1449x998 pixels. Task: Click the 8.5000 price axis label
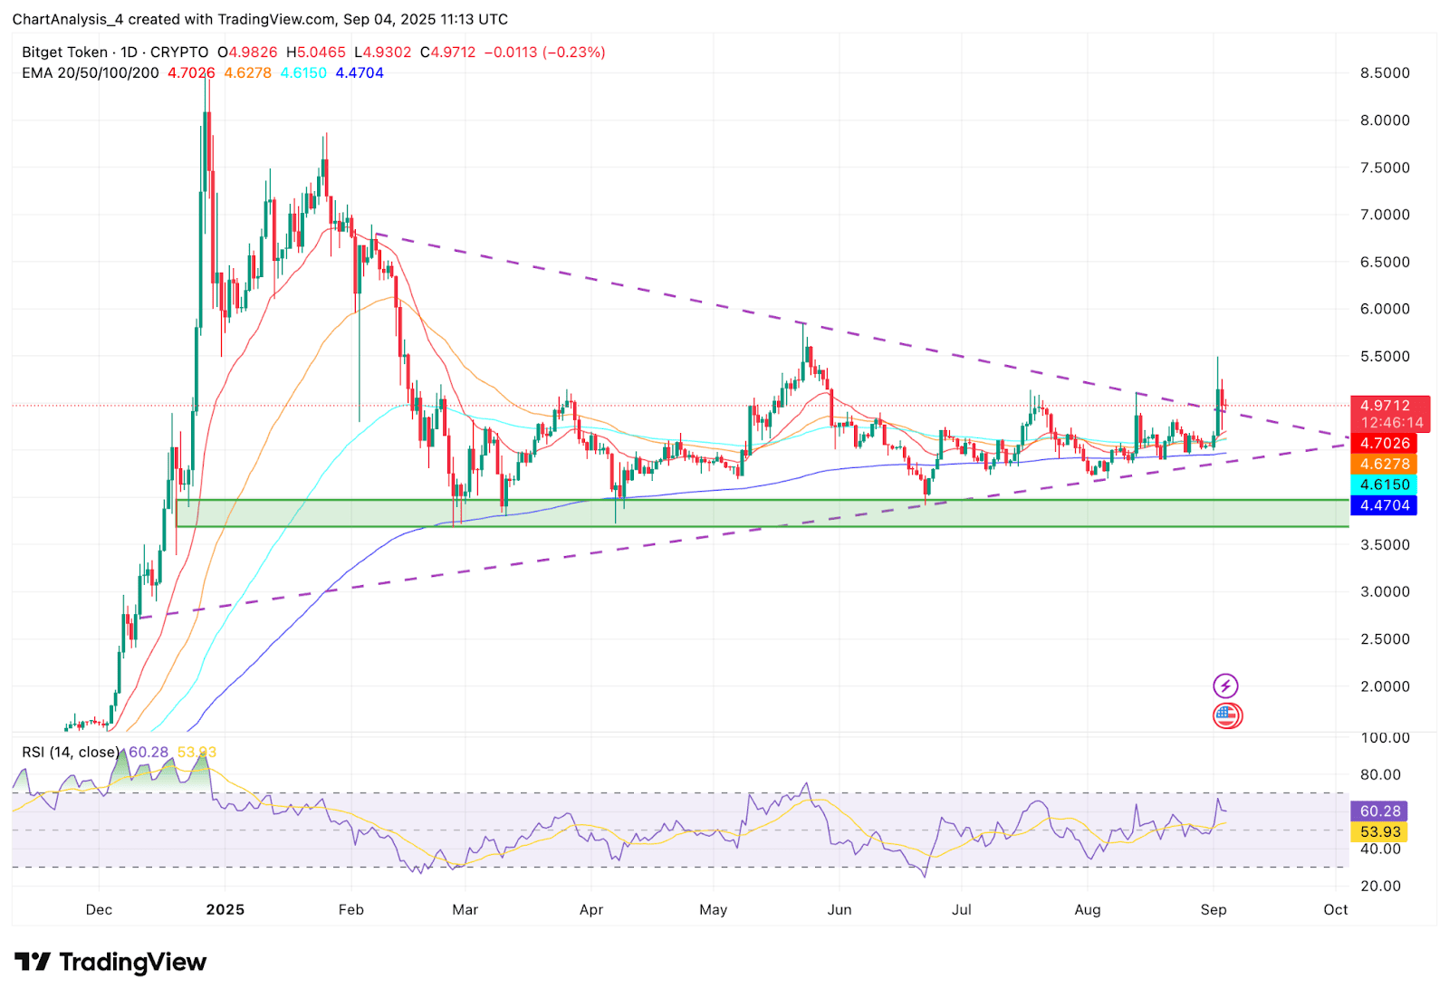tap(1385, 73)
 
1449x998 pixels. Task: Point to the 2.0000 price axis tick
tap(1385, 686)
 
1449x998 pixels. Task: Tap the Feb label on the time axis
tap(350, 909)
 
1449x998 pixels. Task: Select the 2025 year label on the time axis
tap(225, 909)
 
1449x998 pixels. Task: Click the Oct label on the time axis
tap(1335, 909)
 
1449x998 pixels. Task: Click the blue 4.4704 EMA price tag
tap(1384, 505)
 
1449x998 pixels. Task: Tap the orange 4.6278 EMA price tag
tap(1384, 464)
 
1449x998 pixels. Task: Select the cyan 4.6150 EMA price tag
tap(1384, 485)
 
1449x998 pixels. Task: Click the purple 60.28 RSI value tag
tap(1379, 811)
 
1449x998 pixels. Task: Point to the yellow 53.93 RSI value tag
tap(1379, 831)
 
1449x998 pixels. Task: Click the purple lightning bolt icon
tap(1225, 686)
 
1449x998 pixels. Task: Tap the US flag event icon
tap(1227, 715)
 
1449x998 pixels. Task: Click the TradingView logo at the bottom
tap(110, 962)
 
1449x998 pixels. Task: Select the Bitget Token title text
tap(64, 53)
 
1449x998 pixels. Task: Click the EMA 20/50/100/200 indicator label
tap(90, 73)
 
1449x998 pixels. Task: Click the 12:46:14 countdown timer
tap(1392, 423)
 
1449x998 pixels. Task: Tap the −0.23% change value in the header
tap(574, 53)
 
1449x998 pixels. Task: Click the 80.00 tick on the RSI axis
tap(1380, 775)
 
